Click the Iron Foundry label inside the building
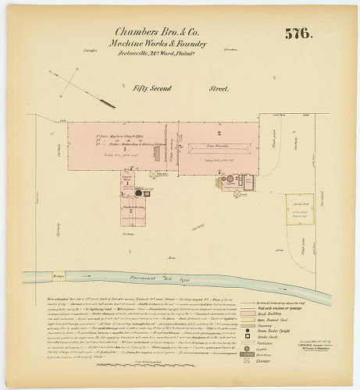click(201, 145)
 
